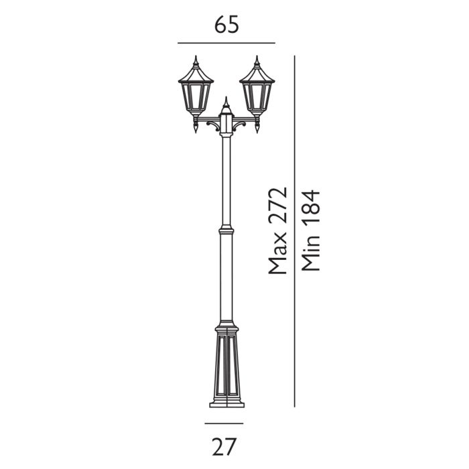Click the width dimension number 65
tap(226, 25)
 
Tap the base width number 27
tap(226, 444)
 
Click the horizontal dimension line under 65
tap(226, 43)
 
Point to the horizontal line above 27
tap(224, 423)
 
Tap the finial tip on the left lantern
tap(196, 58)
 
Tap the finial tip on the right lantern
tap(257, 58)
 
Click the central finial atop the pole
tap(226, 102)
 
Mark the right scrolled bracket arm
tap(243, 123)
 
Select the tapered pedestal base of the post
tap(226, 365)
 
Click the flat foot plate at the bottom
tap(226, 404)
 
